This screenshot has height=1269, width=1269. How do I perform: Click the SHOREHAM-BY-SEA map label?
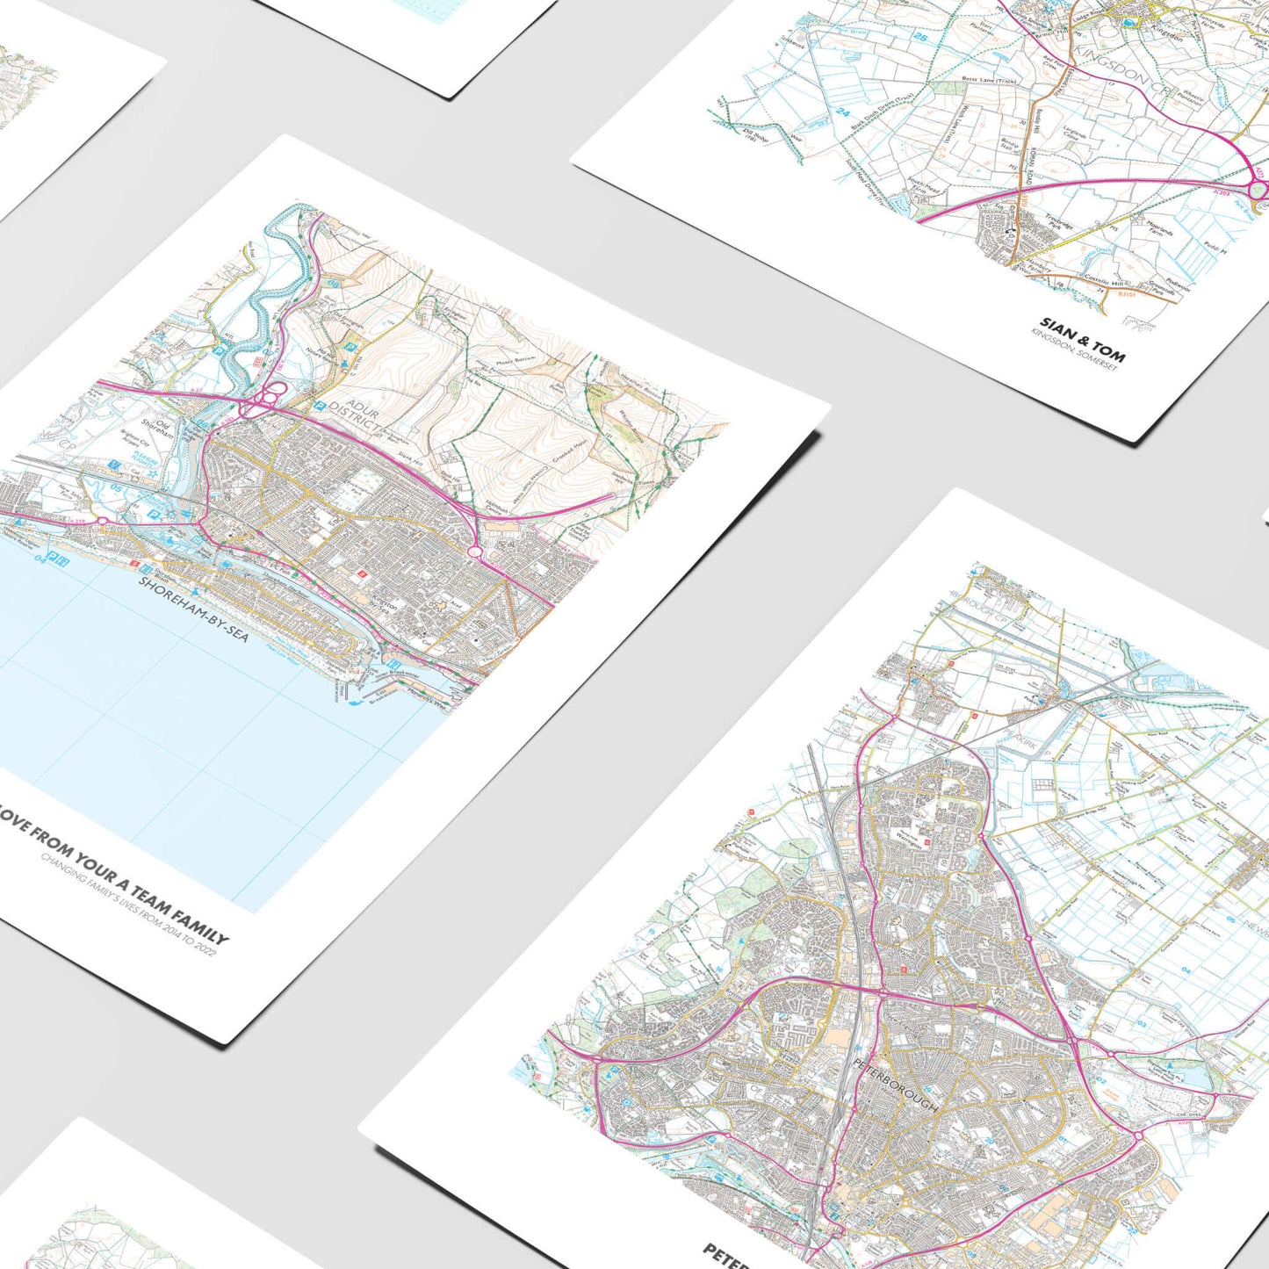pos(192,609)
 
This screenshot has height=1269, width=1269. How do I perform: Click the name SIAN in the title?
pos(1057,330)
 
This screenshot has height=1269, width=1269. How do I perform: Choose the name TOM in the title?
pos(1107,351)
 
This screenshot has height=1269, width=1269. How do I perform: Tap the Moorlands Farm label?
pos(1157,233)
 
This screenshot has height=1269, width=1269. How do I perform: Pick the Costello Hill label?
pos(1105,280)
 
